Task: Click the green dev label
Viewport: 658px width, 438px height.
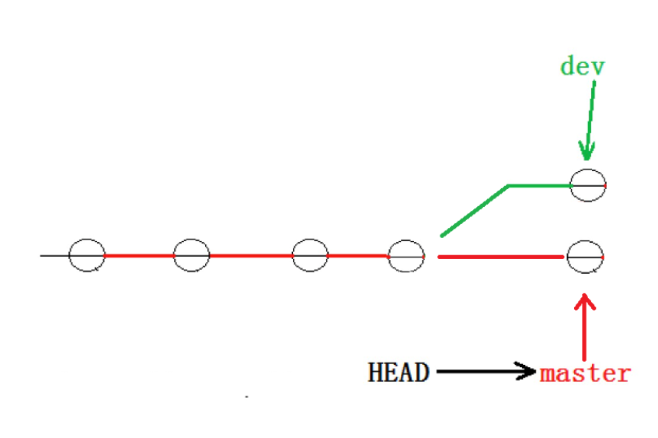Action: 582,65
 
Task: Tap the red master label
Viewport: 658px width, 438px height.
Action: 585,373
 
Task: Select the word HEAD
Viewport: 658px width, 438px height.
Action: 399,372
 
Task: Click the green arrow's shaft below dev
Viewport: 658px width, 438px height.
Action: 590,109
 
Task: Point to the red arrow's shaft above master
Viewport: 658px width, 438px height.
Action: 584,331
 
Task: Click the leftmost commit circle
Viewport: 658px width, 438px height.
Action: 86,255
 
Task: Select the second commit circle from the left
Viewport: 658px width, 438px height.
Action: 191,255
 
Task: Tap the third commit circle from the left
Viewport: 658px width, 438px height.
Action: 310,255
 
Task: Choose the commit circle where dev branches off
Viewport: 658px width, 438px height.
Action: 406,255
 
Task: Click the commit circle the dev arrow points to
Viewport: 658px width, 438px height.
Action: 588,185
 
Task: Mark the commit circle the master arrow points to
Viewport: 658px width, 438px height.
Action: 585,256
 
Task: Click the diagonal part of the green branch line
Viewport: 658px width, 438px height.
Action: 474,210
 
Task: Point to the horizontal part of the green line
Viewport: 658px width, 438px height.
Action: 539,186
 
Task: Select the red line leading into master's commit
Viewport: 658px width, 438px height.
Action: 501,256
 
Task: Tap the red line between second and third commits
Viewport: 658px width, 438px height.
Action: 250,255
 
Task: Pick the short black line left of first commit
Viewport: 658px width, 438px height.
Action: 54,255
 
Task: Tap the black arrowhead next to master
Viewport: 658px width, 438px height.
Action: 528,372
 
